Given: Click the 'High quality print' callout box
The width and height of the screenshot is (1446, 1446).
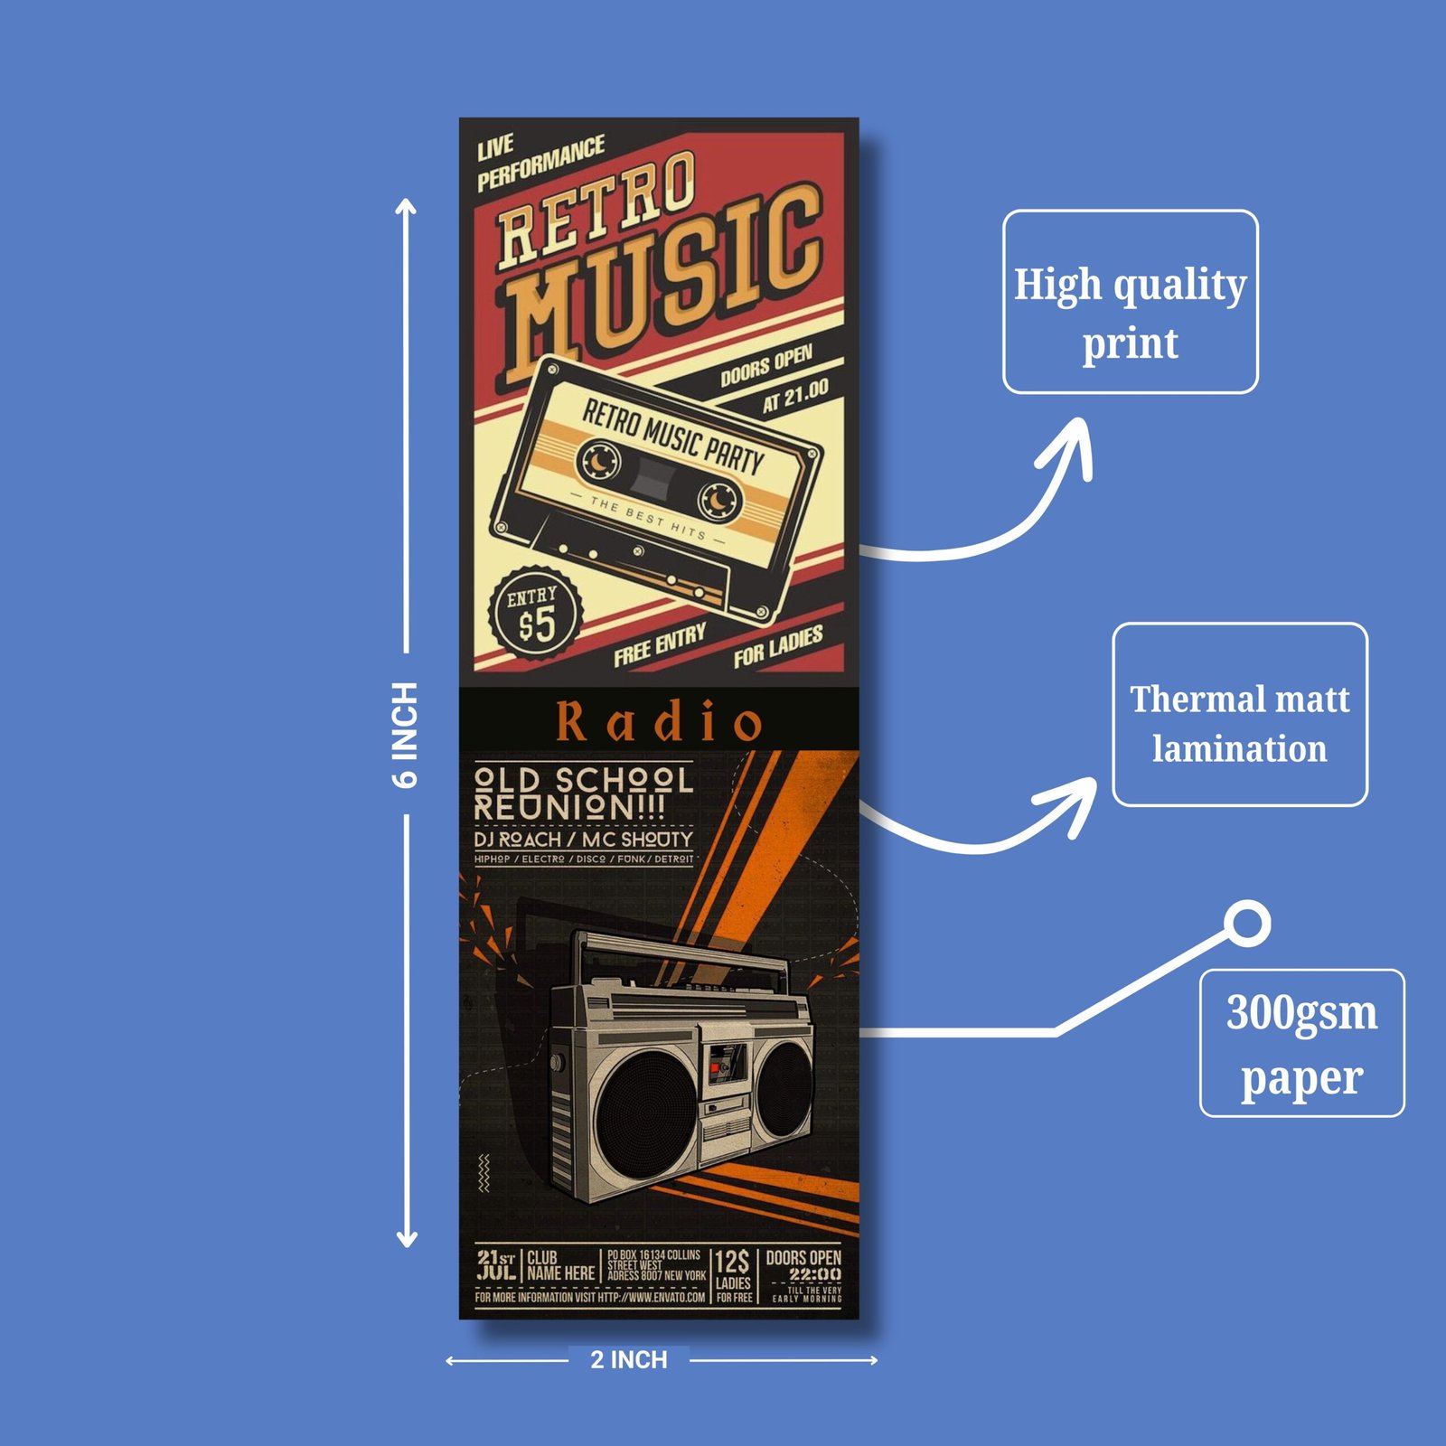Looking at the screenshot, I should tap(1130, 302).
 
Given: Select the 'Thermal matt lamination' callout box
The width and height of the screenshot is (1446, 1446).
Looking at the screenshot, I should tap(1239, 714).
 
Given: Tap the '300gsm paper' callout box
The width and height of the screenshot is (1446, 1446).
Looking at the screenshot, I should tap(1301, 1043).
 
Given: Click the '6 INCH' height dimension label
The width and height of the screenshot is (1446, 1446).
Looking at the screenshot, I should tap(406, 734).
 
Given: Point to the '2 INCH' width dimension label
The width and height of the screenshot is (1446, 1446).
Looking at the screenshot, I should tap(628, 1359).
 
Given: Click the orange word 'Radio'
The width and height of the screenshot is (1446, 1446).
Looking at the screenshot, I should tap(659, 721).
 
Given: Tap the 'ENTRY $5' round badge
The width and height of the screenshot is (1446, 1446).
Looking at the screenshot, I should tap(535, 614).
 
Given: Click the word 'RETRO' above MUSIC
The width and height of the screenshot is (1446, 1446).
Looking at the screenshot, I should tap(597, 210).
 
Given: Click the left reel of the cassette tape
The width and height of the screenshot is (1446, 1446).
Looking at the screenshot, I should tap(598, 461).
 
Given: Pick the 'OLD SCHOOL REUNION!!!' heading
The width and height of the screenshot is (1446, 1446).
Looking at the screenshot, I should tap(583, 793).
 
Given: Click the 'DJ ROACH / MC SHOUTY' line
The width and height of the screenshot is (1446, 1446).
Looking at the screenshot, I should tap(583, 839).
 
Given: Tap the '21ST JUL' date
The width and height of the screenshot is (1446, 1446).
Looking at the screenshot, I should tap(496, 1264).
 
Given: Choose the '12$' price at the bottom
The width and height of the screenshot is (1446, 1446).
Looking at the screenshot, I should tap(732, 1262).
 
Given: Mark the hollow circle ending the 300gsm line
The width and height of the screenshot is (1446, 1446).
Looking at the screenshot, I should tap(1248, 924).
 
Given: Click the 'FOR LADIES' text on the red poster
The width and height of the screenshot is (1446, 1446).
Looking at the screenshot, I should tap(778, 645).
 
